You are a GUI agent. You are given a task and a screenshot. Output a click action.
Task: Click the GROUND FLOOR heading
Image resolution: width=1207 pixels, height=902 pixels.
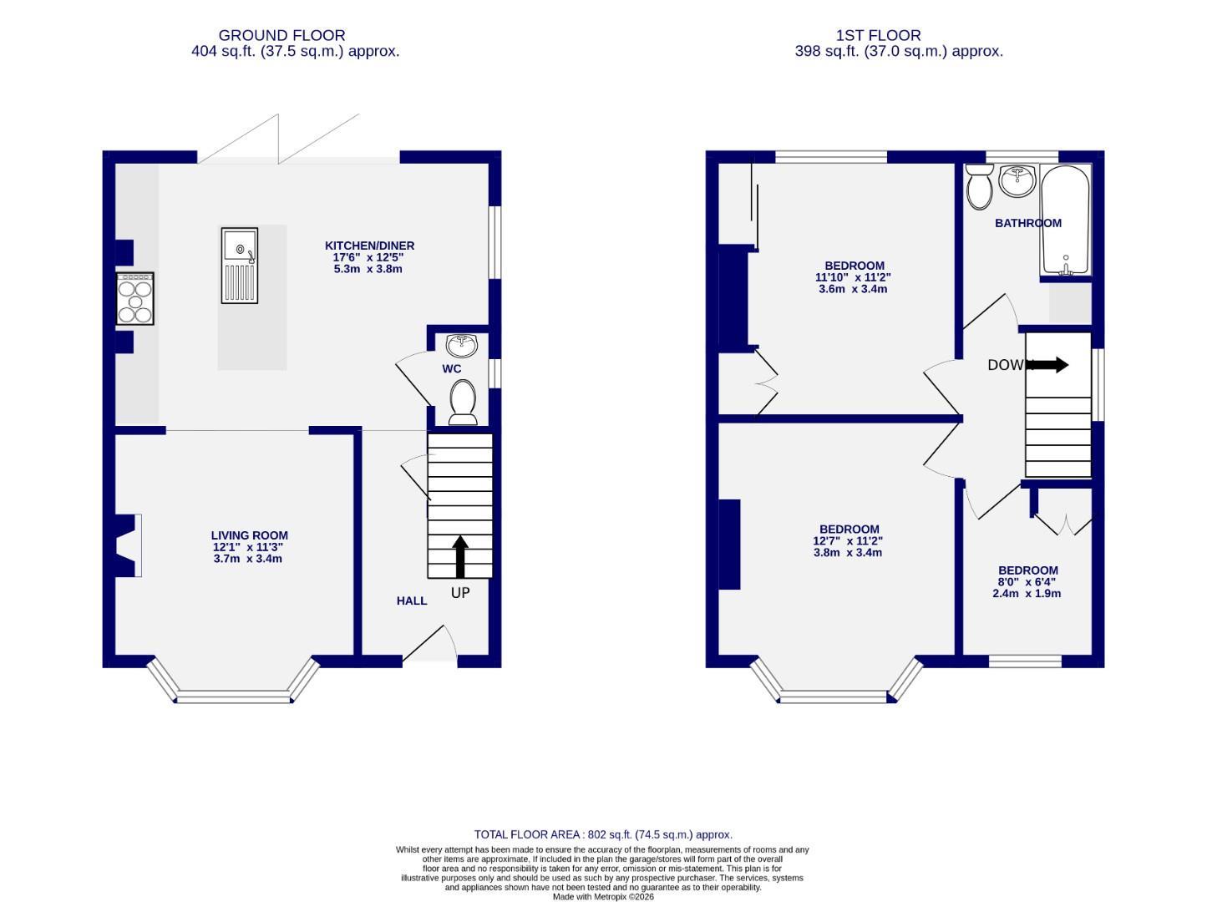click(x=281, y=36)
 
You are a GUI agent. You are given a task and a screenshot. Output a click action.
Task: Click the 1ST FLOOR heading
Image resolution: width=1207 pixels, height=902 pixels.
click(x=878, y=36)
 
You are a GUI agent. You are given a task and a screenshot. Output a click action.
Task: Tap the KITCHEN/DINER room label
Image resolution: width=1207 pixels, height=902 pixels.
click(x=369, y=246)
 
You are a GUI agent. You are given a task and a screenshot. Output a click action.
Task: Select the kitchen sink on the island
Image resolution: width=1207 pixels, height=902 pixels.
click(x=240, y=265)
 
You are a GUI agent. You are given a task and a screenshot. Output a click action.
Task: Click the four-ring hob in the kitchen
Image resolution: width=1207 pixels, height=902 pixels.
click(x=135, y=298)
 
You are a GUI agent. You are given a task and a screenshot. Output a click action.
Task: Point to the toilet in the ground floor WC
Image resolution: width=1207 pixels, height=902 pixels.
click(x=462, y=401)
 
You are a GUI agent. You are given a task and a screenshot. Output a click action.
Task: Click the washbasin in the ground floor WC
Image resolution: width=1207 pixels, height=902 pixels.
click(x=462, y=344)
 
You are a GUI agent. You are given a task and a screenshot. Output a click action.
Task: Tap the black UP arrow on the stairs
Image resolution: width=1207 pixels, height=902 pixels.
click(x=459, y=555)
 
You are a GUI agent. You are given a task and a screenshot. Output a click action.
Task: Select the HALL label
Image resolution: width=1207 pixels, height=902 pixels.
click(x=412, y=600)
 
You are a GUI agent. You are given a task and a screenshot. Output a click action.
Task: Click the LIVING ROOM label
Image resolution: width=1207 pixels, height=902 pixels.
click(x=249, y=535)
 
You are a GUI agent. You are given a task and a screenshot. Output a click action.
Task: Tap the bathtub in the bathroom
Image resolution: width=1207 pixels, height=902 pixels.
click(x=1065, y=220)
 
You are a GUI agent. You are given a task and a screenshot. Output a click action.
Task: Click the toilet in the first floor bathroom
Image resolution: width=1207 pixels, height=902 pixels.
click(x=979, y=185)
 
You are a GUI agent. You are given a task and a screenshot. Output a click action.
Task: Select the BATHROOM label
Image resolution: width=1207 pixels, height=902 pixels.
click(x=1027, y=223)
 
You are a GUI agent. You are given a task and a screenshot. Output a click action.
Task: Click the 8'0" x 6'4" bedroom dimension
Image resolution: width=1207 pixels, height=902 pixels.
click(x=1027, y=582)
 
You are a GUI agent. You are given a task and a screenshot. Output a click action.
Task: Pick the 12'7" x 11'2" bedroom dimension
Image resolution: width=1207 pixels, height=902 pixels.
click(x=848, y=540)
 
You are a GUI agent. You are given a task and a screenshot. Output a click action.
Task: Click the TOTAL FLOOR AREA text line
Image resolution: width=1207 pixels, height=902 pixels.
click(x=603, y=834)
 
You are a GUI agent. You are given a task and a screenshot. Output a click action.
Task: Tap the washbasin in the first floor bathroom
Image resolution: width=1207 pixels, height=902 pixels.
click(x=1017, y=179)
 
